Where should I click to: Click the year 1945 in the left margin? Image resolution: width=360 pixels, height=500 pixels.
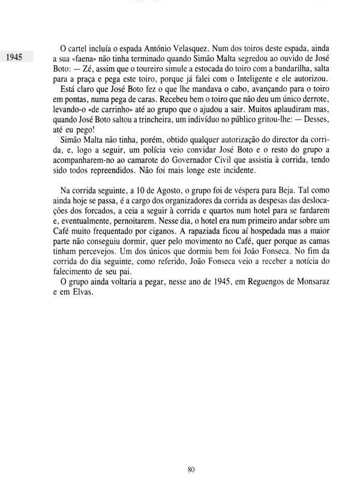click(x=13, y=58)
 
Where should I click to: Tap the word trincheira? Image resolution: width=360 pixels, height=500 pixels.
click(x=142, y=127)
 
